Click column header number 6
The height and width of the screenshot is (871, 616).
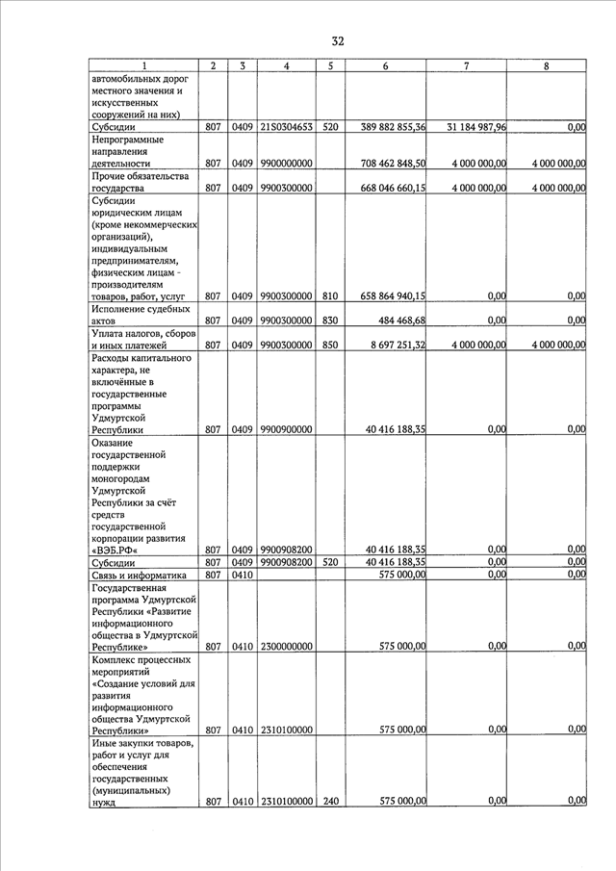click(x=385, y=65)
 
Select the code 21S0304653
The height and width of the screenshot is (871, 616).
click(x=287, y=127)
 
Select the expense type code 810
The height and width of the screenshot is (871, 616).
click(x=330, y=296)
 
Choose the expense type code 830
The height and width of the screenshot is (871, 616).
click(x=330, y=320)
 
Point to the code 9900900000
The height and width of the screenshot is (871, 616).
click(x=287, y=429)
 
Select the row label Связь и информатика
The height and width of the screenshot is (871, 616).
click(x=137, y=575)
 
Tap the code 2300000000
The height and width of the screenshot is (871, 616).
click(x=287, y=648)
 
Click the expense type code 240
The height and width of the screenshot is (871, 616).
click(x=330, y=802)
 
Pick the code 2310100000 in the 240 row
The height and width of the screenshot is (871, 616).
click(x=287, y=802)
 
